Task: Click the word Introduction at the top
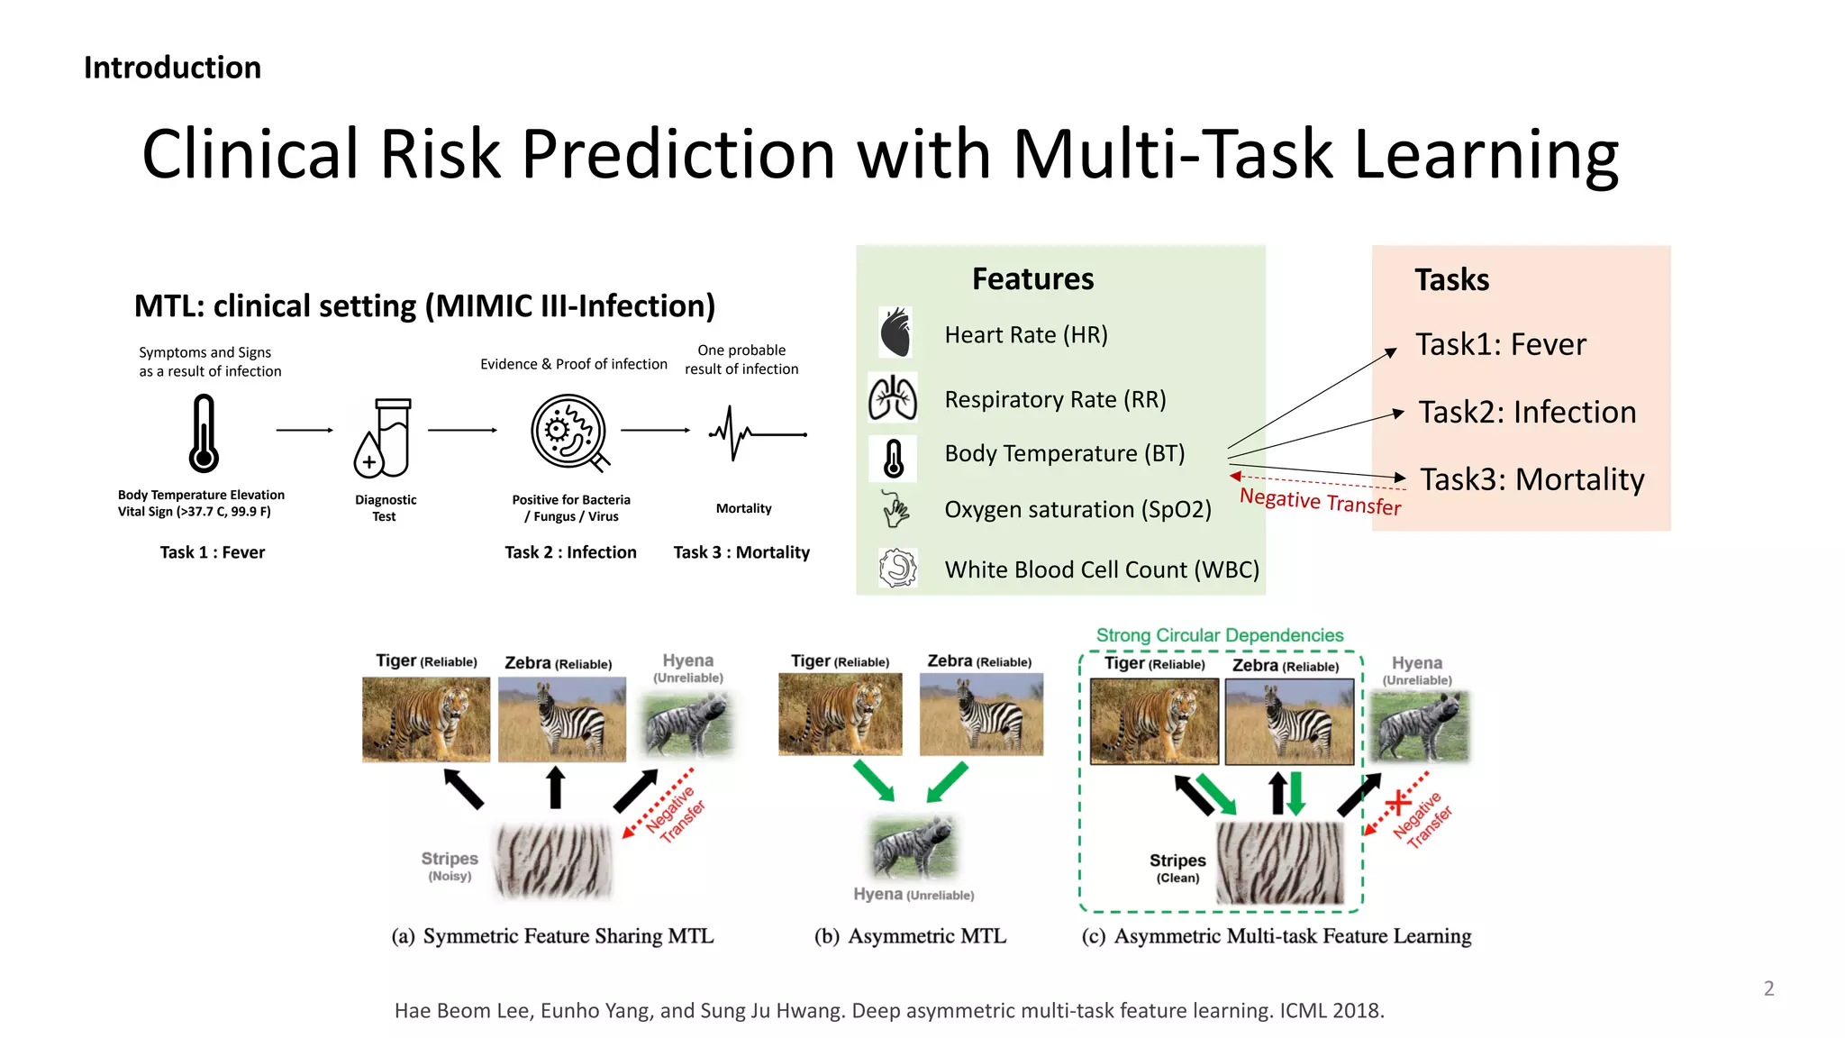pyautogui.click(x=172, y=68)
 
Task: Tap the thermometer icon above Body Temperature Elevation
pyautogui.click(x=204, y=434)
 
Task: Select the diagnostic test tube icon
pyautogui.click(x=384, y=438)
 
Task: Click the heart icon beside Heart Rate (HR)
pyautogui.click(x=895, y=332)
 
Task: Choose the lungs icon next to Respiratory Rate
pyautogui.click(x=893, y=397)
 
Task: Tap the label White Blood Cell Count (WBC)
pyautogui.click(x=1101, y=569)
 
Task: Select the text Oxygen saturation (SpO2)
pyautogui.click(x=1077, y=509)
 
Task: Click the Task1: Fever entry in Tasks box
pyautogui.click(x=1500, y=344)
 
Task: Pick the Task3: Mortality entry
pyautogui.click(x=1531, y=479)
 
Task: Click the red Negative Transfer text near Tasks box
pyautogui.click(x=1320, y=501)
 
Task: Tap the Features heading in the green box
pyautogui.click(x=1032, y=279)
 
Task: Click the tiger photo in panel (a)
pyautogui.click(x=426, y=719)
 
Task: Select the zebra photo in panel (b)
pyautogui.click(x=981, y=714)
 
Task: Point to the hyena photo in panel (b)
pyautogui.click(x=913, y=847)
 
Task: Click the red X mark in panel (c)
pyautogui.click(x=1397, y=801)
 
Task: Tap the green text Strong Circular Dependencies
pyautogui.click(x=1219, y=635)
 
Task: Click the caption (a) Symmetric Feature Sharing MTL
pyautogui.click(x=552, y=936)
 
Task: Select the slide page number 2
pyautogui.click(x=1768, y=988)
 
